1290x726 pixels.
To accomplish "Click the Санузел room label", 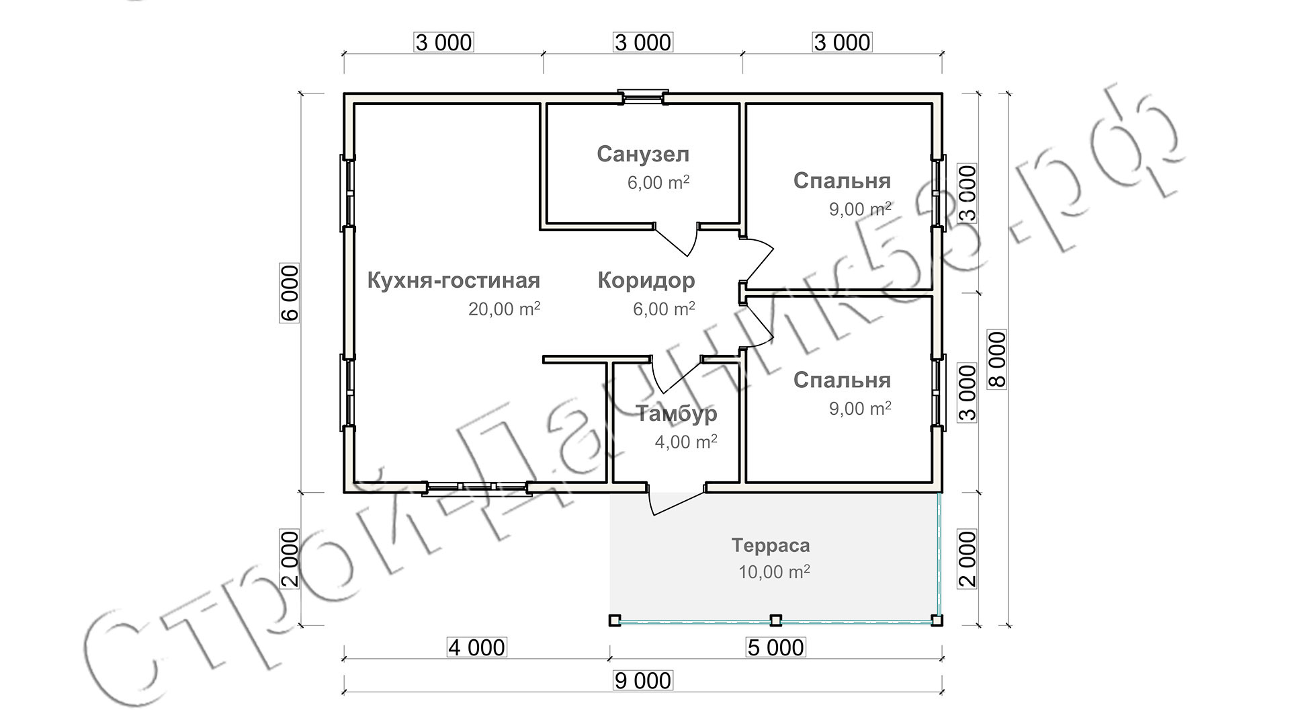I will (643, 155).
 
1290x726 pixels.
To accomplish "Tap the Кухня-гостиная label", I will (454, 280).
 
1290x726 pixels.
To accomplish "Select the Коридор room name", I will (646, 280).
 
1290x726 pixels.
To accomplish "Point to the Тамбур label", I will (677, 413).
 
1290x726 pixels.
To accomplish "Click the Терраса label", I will (771, 545).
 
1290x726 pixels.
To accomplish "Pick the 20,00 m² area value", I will (504, 309).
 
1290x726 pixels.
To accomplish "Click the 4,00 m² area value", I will (685, 442).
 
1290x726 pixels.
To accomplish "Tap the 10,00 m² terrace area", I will (774, 572).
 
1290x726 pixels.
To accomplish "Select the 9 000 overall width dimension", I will (643, 681).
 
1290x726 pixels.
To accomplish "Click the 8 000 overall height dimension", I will (998, 359).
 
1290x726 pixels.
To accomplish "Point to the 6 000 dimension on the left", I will (290, 294).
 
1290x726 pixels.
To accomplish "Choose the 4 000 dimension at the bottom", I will (476, 648).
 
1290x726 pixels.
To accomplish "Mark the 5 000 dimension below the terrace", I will (775, 648).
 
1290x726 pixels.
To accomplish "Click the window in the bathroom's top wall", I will (643, 97).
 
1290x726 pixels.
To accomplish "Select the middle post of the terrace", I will (775, 620).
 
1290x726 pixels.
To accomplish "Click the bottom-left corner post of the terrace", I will (614, 620).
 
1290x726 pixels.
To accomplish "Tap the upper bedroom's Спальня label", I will (842, 181).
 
